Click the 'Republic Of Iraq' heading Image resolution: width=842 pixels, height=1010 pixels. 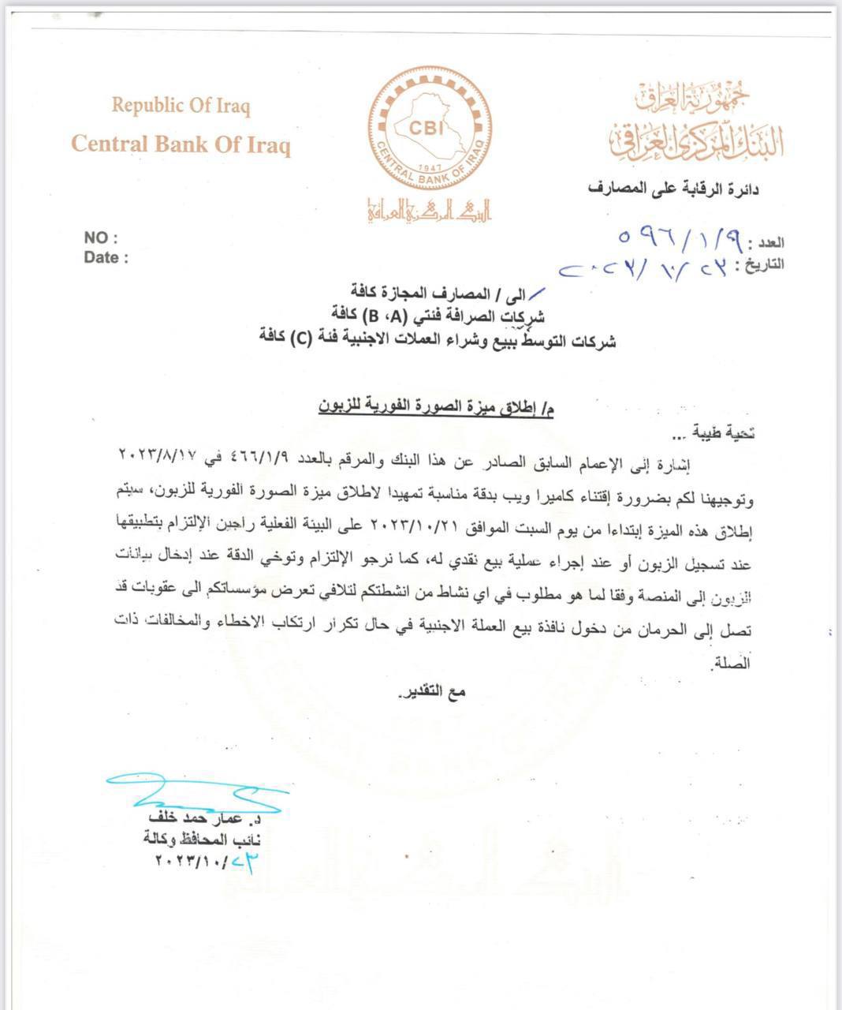[181, 106]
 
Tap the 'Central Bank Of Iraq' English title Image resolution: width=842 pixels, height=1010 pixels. [181, 145]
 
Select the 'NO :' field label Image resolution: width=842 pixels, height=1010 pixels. [100, 238]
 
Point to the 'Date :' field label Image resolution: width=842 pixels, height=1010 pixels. [106, 257]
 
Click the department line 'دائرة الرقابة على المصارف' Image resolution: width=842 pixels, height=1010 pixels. [673, 189]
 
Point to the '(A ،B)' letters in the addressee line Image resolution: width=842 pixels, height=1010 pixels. [384, 318]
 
